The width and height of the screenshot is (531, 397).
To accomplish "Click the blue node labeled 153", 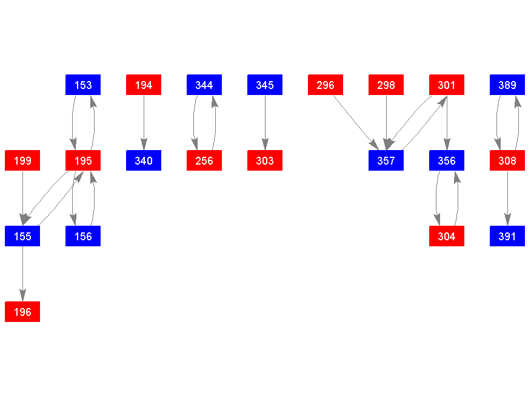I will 83,85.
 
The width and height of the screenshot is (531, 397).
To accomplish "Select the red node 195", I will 83,160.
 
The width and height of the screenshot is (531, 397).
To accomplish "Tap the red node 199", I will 22,160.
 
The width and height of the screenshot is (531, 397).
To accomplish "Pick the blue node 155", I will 22,236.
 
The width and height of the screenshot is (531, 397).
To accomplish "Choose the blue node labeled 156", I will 83,236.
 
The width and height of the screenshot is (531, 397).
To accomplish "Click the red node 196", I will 22,312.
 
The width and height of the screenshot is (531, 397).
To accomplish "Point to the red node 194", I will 144,85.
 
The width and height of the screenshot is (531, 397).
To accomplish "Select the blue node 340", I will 144,160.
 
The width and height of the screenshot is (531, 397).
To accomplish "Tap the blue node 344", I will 204,85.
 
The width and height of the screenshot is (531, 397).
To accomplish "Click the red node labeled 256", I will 204,160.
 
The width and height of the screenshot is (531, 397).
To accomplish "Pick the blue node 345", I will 265,85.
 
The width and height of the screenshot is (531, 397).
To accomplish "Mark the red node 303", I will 265,160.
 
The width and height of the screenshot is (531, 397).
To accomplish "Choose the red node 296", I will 326,85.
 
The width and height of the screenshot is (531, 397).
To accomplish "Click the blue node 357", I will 386,160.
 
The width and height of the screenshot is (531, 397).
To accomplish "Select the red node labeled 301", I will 447,85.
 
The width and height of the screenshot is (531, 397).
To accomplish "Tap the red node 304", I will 447,236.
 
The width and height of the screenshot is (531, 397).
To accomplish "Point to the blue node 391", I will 507,236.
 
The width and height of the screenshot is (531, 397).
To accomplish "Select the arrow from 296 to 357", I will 356,122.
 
